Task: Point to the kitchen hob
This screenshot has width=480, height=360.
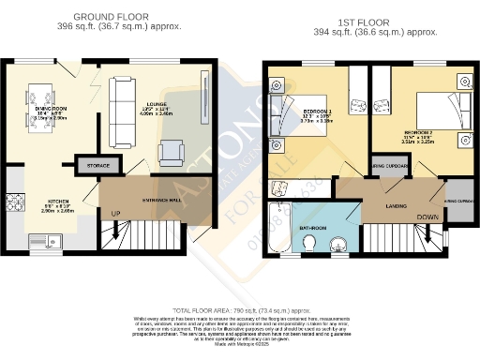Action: pyautogui.click(x=16, y=202)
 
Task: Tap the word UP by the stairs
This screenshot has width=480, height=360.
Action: pyautogui.click(x=116, y=214)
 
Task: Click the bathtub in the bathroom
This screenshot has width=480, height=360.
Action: pyautogui.click(x=278, y=231)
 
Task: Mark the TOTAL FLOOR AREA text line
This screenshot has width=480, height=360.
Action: pyautogui.click(x=240, y=308)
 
